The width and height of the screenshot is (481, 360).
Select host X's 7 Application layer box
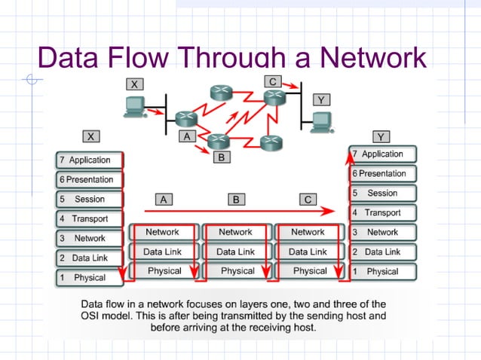(x=89, y=160)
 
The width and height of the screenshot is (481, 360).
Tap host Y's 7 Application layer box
(x=383, y=154)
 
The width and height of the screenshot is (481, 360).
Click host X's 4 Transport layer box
(x=89, y=218)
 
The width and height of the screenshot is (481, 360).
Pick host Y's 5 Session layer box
(x=383, y=193)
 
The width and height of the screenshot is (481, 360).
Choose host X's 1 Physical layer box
(x=89, y=277)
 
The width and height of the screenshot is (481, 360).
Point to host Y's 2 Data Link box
(x=383, y=252)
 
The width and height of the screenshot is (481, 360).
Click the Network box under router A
(x=163, y=232)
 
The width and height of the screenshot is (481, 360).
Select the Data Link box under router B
(x=235, y=252)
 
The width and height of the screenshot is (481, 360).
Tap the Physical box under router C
(x=309, y=270)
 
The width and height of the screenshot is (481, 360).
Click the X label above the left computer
(x=136, y=84)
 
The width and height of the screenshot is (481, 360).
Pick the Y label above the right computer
(x=321, y=99)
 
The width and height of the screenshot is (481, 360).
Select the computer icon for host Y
(x=323, y=121)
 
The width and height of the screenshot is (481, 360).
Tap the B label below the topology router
(x=220, y=157)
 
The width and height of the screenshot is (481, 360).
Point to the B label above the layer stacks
(x=236, y=200)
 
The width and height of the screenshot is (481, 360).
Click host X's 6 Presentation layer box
(x=89, y=179)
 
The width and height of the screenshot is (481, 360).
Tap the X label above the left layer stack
(x=91, y=136)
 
